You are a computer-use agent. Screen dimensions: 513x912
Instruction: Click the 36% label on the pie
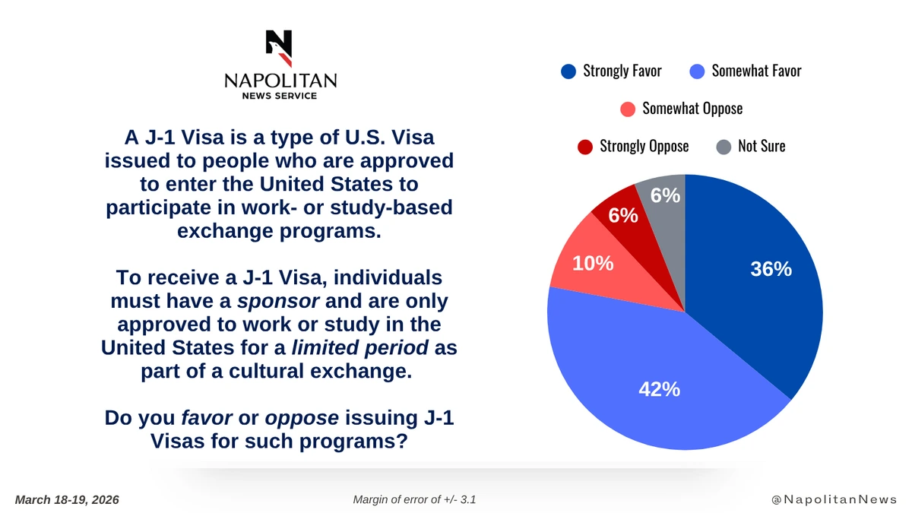click(771, 269)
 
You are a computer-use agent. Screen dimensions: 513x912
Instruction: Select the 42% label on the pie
click(659, 389)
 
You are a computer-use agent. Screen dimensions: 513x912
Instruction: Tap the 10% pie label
click(593, 263)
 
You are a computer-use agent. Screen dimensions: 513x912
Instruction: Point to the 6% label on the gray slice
click(665, 195)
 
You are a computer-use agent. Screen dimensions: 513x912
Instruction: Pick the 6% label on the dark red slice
click(622, 216)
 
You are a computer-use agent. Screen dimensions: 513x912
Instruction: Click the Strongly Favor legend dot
click(568, 72)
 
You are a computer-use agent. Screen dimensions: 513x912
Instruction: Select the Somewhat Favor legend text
click(756, 71)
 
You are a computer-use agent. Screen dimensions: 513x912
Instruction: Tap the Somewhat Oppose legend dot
click(628, 109)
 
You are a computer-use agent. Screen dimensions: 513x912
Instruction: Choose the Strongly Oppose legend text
click(644, 146)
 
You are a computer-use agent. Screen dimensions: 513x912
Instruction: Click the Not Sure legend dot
click(724, 146)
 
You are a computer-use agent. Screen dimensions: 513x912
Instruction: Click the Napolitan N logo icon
click(279, 48)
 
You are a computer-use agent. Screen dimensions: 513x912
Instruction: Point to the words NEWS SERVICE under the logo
click(280, 96)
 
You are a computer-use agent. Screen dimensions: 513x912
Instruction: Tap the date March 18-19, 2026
click(67, 499)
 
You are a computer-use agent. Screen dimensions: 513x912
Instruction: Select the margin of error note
click(414, 499)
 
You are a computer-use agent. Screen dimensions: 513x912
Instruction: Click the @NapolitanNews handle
click(833, 499)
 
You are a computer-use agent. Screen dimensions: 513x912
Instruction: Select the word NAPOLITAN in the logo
click(280, 81)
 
